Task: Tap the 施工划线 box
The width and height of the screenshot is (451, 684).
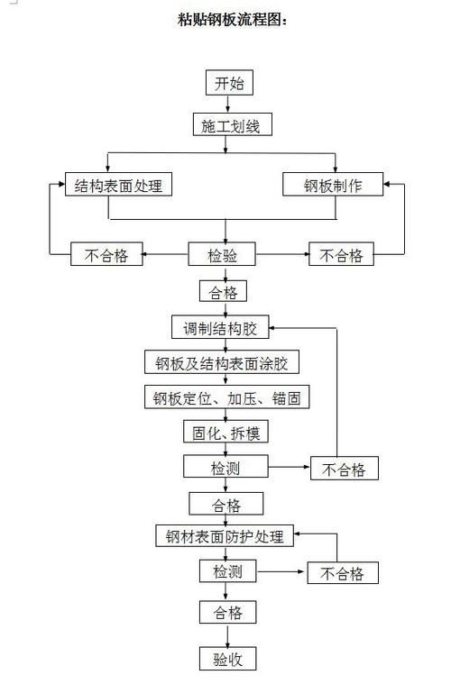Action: [231, 125]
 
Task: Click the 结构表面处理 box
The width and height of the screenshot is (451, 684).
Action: [119, 185]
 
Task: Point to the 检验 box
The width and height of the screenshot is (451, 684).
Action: [223, 255]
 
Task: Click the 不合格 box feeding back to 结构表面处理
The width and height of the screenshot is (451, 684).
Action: [106, 255]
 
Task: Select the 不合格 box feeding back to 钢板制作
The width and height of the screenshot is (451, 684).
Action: [341, 255]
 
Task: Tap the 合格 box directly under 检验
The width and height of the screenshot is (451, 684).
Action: [222, 292]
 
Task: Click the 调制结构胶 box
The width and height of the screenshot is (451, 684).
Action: [220, 326]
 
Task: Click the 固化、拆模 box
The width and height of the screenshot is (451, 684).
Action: [225, 433]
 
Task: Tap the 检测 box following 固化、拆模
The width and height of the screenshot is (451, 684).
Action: [226, 467]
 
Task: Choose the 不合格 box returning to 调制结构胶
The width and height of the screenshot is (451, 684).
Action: [344, 469]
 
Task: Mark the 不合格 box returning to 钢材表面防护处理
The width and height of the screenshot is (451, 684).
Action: [342, 573]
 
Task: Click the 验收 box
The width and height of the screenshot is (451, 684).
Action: [227, 658]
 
